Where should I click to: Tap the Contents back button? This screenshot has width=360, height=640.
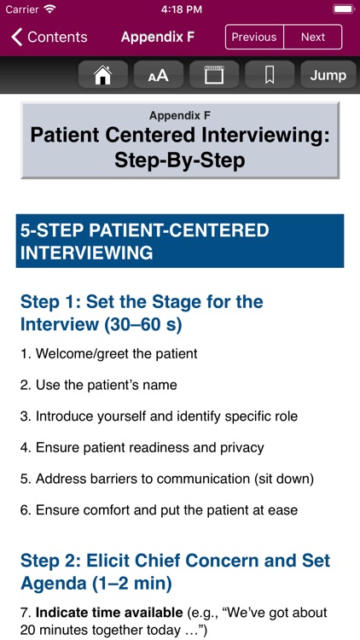tap(49, 37)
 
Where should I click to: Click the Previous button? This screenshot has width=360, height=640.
tap(254, 37)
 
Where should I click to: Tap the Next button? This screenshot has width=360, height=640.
tap(312, 37)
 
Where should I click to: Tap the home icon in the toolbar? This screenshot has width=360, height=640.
tap(103, 75)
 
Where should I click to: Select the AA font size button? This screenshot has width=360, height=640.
tap(159, 75)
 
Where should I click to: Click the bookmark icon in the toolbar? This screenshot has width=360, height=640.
tap(270, 75)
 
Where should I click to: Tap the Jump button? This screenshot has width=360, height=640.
tap(328, 75)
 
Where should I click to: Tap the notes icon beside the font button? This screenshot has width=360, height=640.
tap(213, 75)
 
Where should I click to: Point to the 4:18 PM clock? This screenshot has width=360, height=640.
tap(180, 9)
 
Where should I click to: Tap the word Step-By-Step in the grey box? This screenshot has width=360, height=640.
tap(179, 160)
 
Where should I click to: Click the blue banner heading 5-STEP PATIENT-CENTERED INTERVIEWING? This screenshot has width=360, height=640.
tap(179, 241)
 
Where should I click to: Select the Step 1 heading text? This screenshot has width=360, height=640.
tap(142, 313)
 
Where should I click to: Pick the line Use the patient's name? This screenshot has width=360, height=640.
tap(99, 385)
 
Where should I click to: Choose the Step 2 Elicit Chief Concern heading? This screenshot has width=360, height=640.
tap(175, 573)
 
